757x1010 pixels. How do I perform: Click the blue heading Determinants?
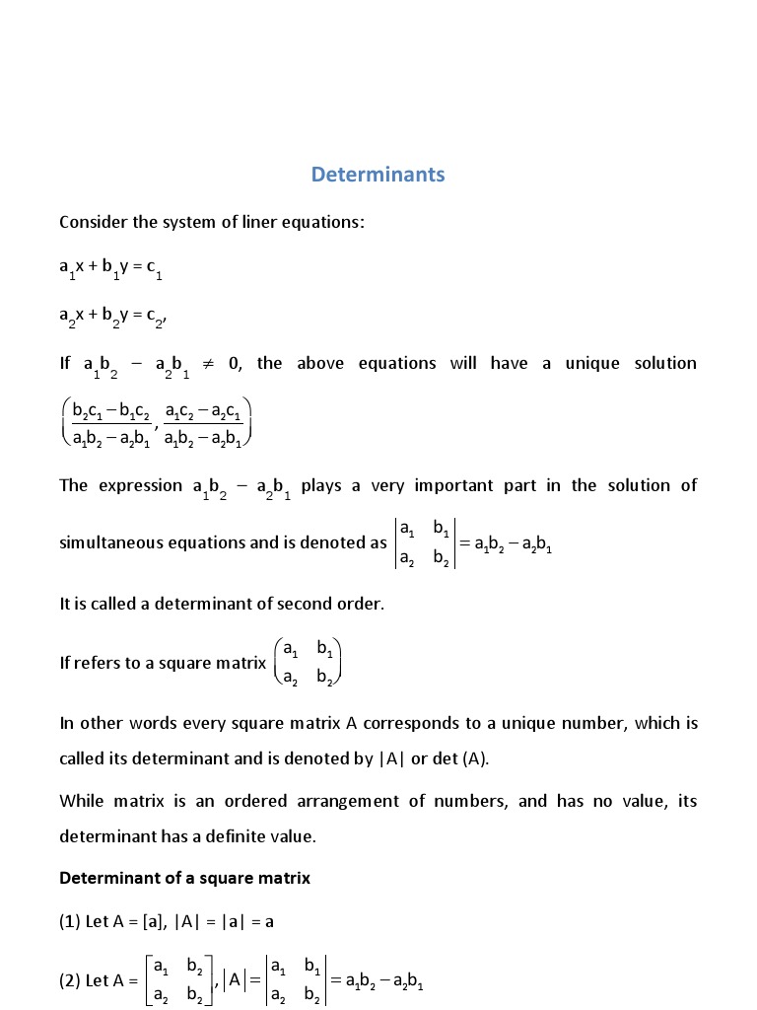pos(378,175)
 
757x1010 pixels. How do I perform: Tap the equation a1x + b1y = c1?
pos(110,268)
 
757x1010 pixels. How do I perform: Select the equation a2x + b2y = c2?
pos(111,316)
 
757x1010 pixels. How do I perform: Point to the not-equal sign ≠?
pos(209,364)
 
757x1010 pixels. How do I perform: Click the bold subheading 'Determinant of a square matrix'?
pos(184,878)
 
